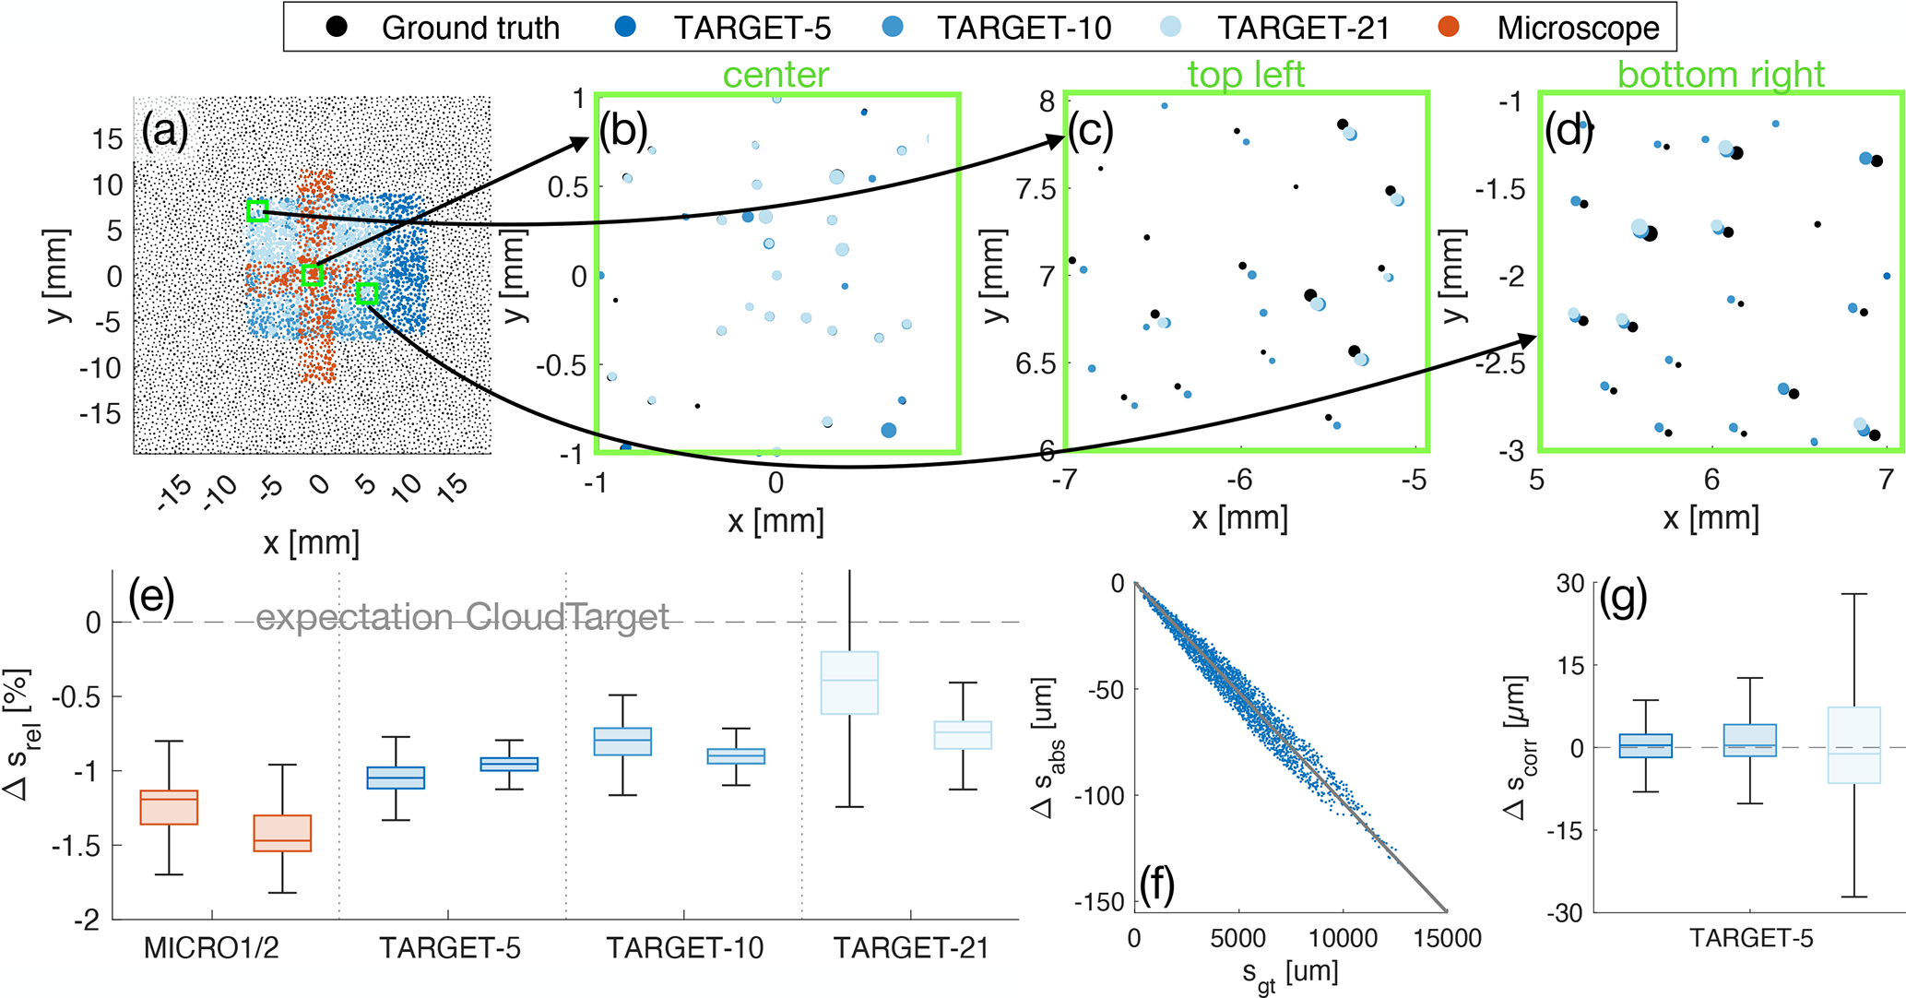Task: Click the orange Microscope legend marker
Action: point(1449,27)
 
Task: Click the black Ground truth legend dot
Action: point(338,27)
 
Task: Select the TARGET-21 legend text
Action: point(1303,28)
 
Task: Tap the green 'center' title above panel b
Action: point(775,75)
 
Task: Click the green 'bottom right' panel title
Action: point(1721,75)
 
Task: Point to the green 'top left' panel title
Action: point(1246,75)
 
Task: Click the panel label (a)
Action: point(164,132)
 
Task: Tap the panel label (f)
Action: point(1156,885)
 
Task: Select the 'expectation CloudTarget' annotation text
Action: point(462,617)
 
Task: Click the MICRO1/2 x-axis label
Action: point(211,947)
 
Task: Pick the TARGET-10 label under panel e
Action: point(684,947)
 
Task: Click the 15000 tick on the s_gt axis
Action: point(1447,938)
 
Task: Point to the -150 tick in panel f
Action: point(1106,901)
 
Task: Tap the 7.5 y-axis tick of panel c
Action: point(1036,189)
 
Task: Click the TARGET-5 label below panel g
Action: point(1750,938)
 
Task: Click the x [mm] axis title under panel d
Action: point(1711,518)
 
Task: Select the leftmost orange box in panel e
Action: point(169,807)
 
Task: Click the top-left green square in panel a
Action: point(257,210)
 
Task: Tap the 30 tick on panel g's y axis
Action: point(1570,583)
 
